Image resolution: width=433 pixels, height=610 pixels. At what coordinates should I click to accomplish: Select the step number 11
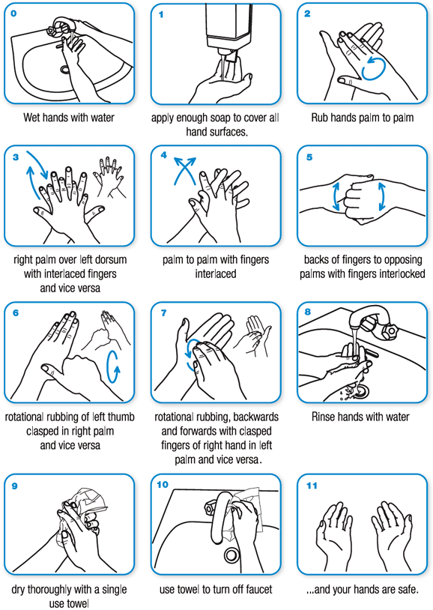[312, 485]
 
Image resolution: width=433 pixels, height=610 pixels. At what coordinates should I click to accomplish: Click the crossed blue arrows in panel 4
[184, 172]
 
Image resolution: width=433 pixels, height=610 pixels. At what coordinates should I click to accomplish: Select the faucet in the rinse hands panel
[375, 326]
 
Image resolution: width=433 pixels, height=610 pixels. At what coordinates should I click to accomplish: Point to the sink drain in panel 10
[231, 555]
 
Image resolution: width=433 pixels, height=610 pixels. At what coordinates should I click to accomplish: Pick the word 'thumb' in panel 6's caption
[118, 417]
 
